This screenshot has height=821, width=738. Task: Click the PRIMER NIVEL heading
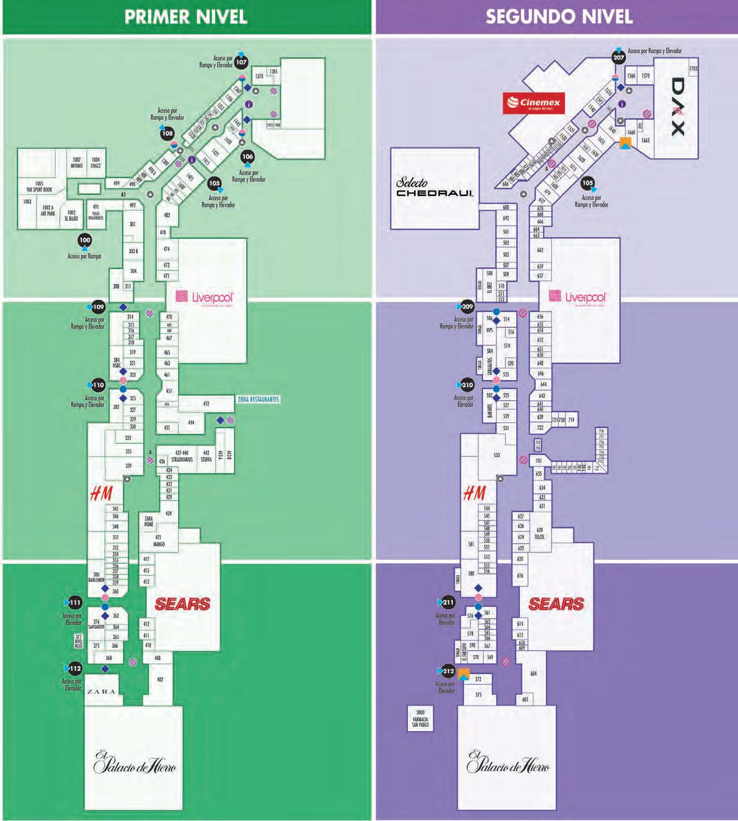[x=185, y=16]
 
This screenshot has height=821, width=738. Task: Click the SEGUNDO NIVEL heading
[x=559, y=16]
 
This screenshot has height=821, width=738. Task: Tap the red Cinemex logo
[x=533, y=103]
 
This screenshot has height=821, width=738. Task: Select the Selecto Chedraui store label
[x=435, y=188]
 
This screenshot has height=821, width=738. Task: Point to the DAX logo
[x=677, y=106]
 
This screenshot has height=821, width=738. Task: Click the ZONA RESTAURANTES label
[x=258, y=400]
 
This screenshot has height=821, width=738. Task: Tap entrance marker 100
[x=85, y=240]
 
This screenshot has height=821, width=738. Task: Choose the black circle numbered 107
[x=241, y=62]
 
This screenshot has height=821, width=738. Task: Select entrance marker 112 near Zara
[x=75, y=669]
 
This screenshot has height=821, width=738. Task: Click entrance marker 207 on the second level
[x=619, y=58]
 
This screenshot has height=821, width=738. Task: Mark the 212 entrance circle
[x=448, y=671]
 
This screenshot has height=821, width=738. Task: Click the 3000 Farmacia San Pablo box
[x=420, y=719]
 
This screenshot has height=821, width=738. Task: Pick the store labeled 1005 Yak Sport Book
[x=39, y=187]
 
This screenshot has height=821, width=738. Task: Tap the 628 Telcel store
[x=540, y=533]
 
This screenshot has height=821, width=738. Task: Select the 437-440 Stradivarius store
[x=182, y=456]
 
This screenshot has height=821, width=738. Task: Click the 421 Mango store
[x=159, y=541]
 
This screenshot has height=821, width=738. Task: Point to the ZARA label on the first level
[x=101, y=692]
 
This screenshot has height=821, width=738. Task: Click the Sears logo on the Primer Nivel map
[x=182, y=604]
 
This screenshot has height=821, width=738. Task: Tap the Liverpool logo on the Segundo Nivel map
[x=579, y=297]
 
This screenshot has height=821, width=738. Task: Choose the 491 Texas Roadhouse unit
[x=96, y=212]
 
